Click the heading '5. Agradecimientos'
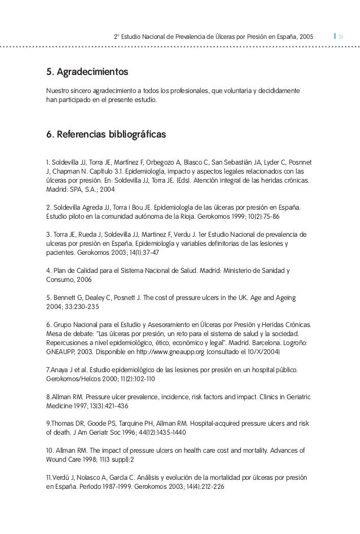(87, 73)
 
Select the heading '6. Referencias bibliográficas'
(106, 135)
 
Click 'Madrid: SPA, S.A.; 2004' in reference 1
(80, 189)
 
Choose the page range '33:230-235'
(82, 307)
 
